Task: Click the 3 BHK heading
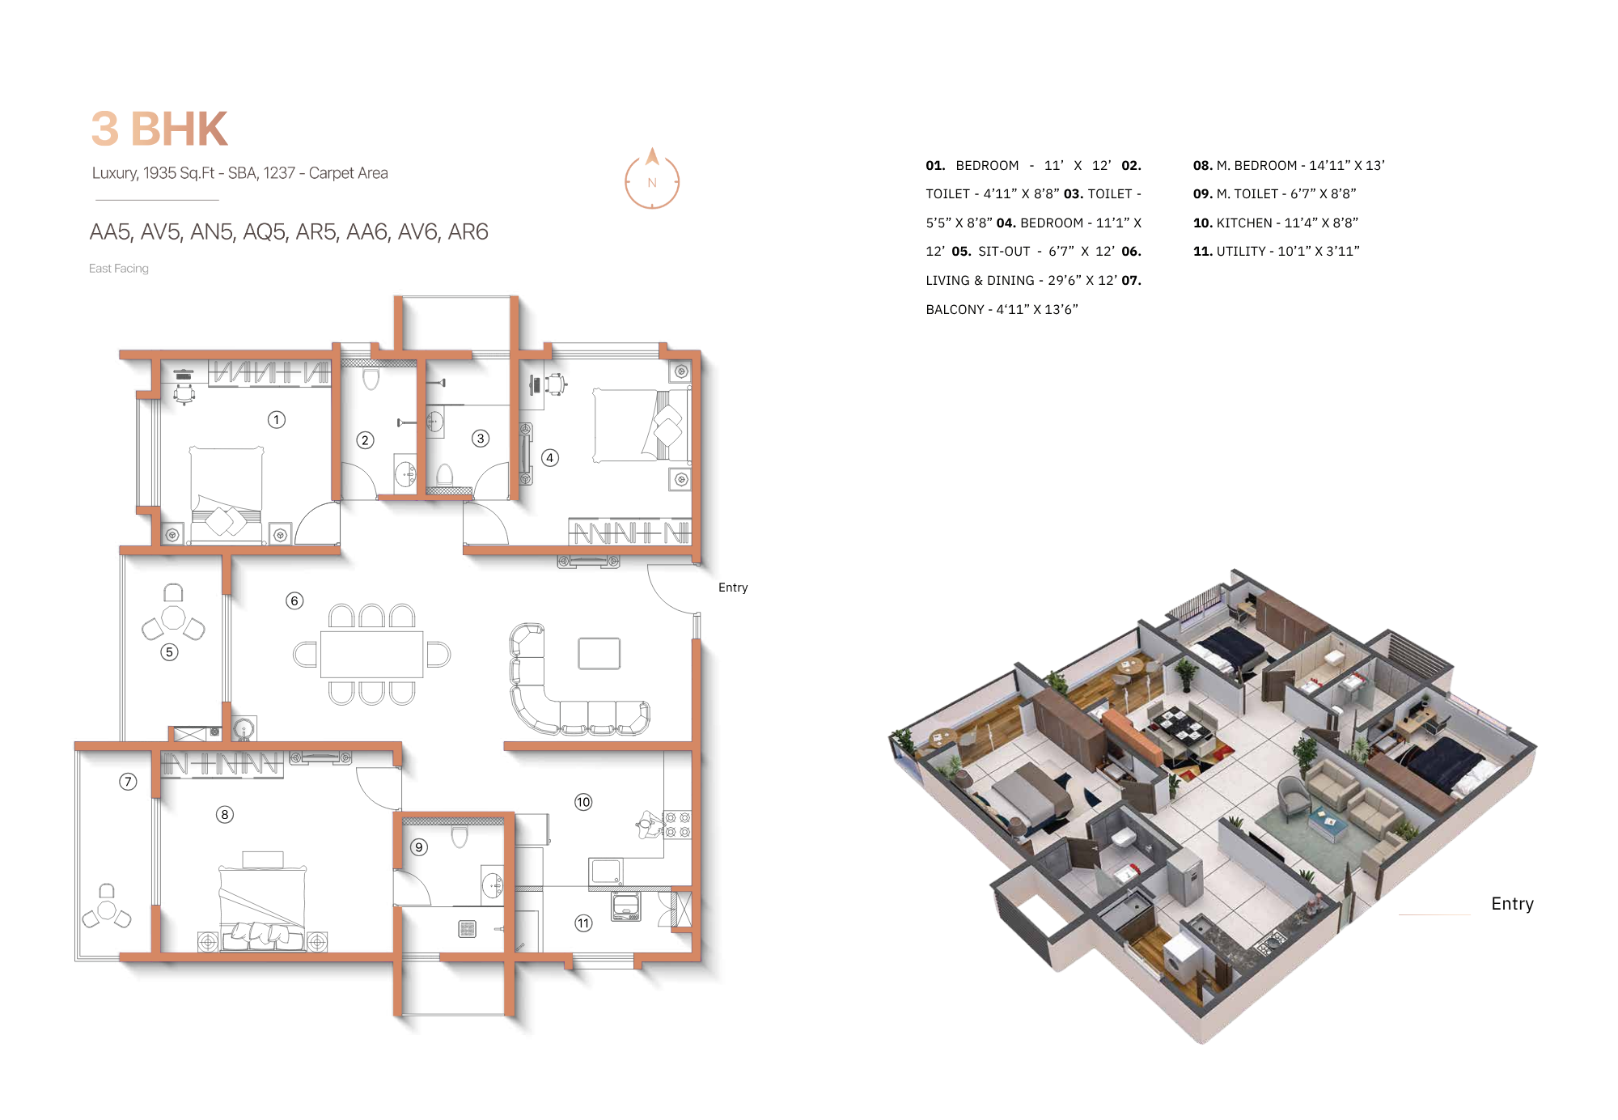click(159, 129)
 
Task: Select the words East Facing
click(119, 269)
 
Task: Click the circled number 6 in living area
click(294, 600)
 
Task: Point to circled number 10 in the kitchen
click(583, 802)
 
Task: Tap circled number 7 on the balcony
click(128, 782)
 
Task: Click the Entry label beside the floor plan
click(733, 588)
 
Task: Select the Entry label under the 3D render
click(1512, 904)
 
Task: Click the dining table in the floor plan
click(371, 654)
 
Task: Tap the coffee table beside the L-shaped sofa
click(599, 654)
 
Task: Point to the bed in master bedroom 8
click(263, 902)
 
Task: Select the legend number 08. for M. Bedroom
click(1202, 166)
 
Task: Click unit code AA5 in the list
click(110, 232)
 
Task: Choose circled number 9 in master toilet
click(419, 847)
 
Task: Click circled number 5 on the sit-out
click(169, 652)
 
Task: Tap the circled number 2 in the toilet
click(365, 440)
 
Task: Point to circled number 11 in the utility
click(583, 923)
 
